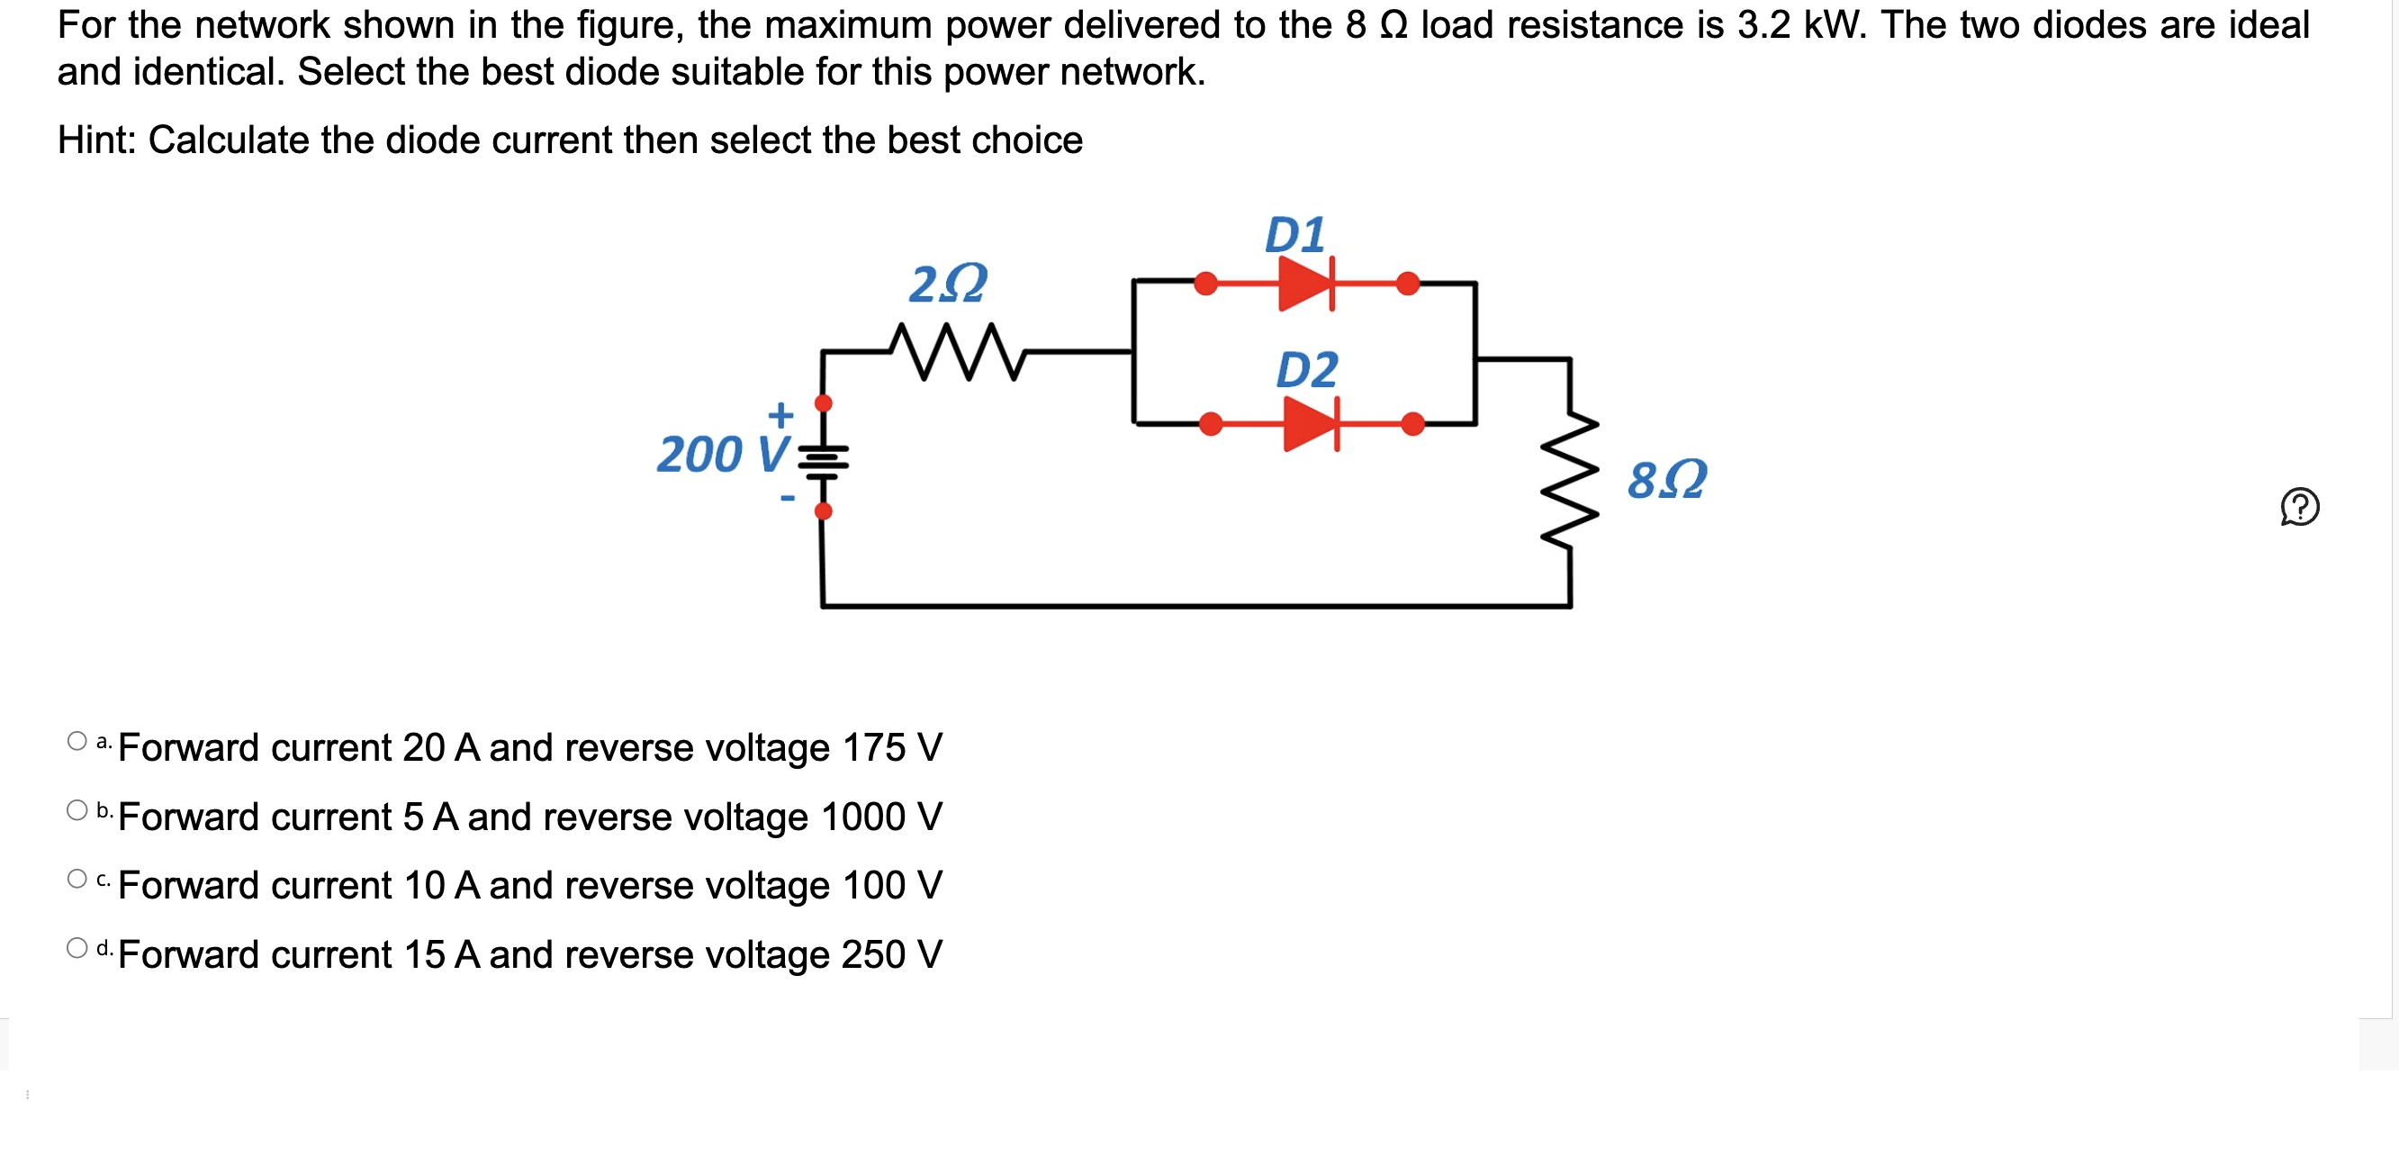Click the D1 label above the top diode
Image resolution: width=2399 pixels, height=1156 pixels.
(1294, 235)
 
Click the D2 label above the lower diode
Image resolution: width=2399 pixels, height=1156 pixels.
(1305, 370)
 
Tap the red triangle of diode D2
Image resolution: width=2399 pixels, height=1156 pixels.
(1309, 424)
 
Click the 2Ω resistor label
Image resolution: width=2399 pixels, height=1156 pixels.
(947, 284)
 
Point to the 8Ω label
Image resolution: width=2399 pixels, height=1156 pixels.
(1666, 480)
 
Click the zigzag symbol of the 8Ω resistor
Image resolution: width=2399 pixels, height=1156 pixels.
(1570, 482)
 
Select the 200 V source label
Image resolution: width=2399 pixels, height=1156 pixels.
(723, 455)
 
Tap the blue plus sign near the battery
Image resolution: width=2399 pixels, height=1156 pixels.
(780, 413)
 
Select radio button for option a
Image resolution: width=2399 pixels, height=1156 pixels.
(77, 741)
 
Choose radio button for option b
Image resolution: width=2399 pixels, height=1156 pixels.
(77, 809)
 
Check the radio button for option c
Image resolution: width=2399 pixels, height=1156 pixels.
(77, 879)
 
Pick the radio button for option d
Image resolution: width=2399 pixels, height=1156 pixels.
(77, 947)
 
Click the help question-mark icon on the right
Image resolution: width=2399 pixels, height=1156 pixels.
(2298, 507)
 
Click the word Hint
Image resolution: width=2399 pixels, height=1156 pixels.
(96, 140)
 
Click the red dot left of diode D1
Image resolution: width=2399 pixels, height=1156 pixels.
(1205, 284)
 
